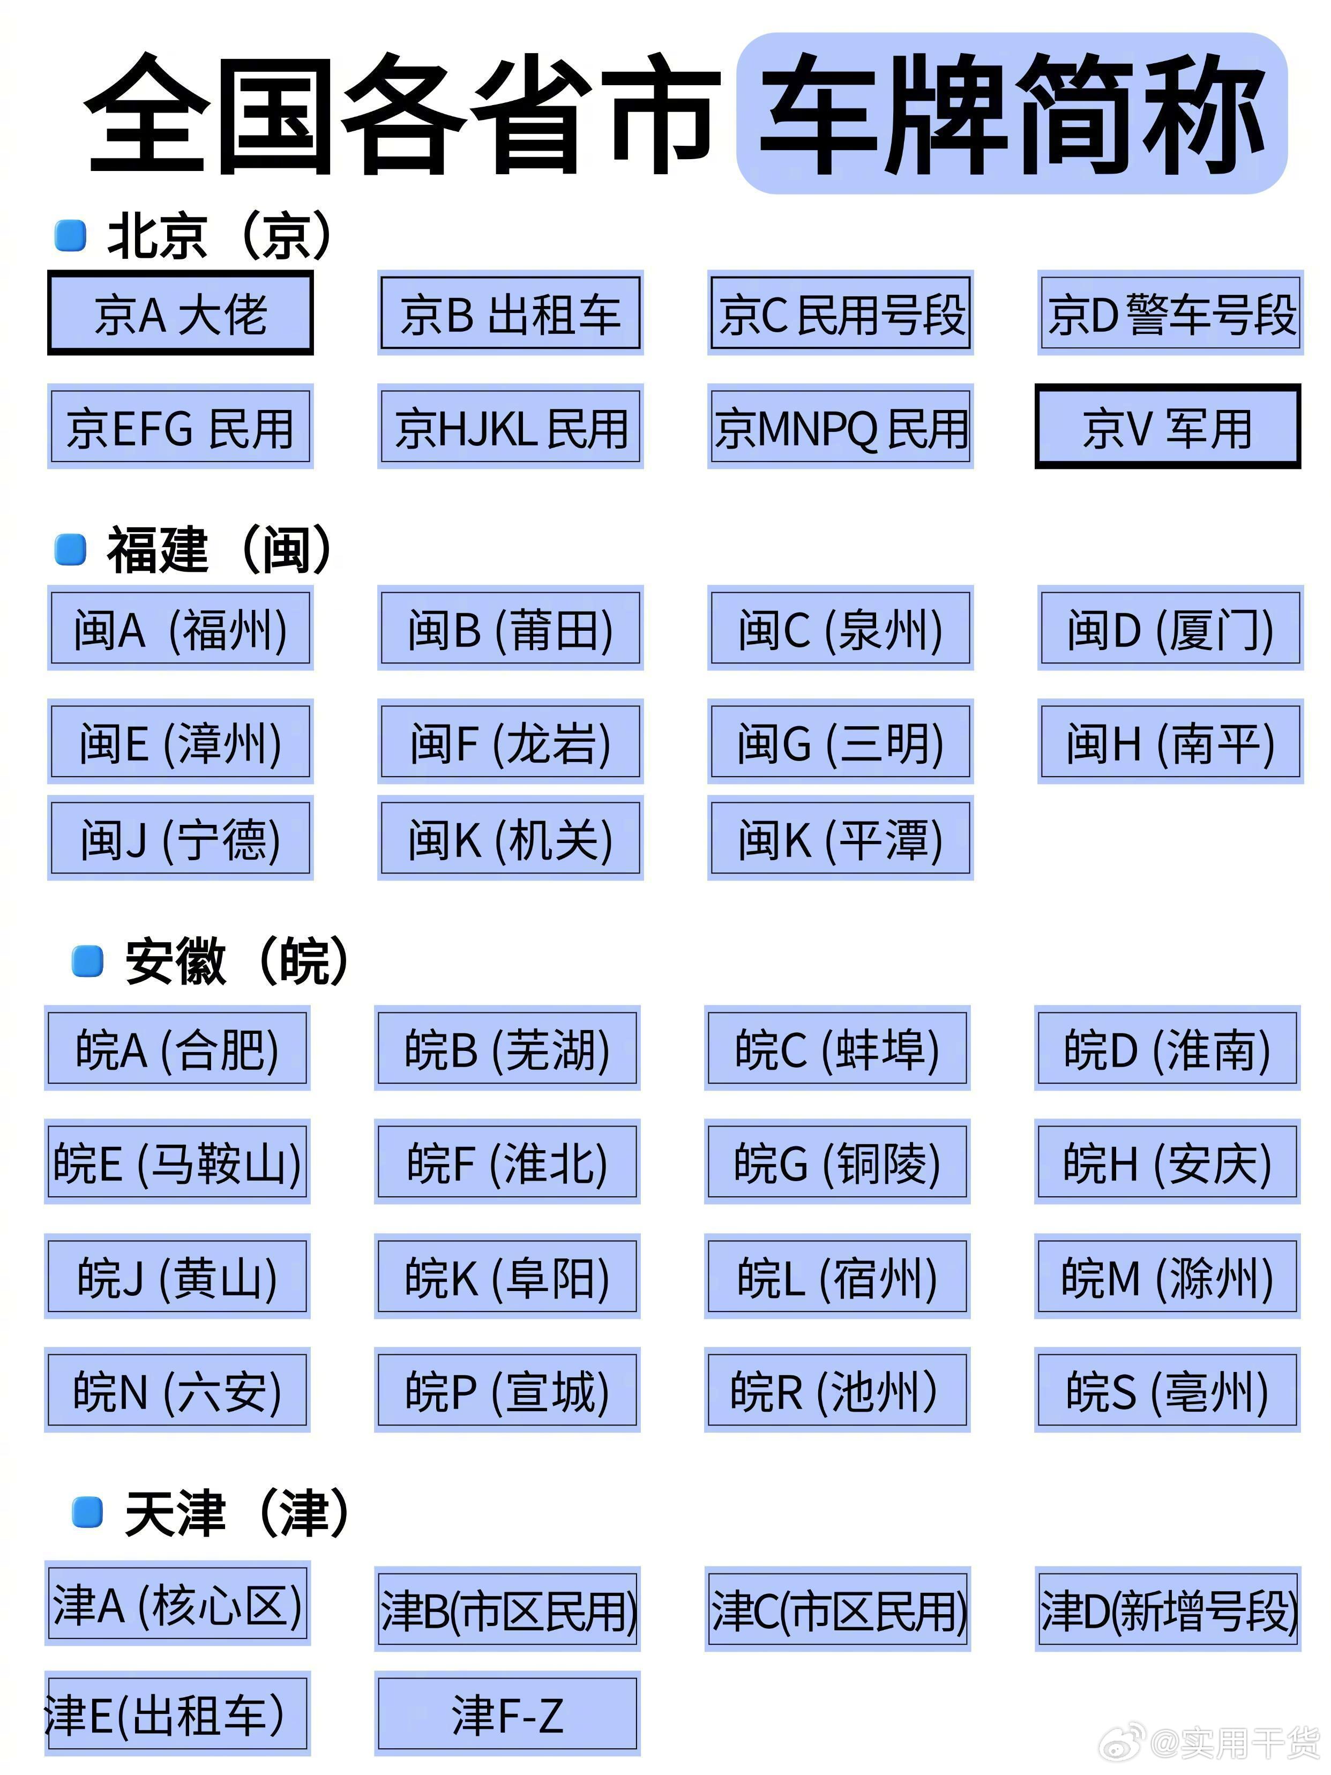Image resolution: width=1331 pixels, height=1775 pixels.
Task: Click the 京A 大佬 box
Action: coord(180,313)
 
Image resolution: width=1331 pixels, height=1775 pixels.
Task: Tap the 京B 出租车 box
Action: coord(510,313)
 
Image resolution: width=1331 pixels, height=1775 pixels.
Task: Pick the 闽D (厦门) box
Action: coord(1170,628)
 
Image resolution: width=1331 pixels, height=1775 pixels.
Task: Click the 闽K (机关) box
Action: coord(510,839)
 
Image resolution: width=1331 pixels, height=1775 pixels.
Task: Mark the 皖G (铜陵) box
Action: coord(837,1162)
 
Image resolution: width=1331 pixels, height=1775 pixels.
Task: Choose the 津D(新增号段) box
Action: coord(1168,1609)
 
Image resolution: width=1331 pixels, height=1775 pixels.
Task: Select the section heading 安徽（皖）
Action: coord(237,960)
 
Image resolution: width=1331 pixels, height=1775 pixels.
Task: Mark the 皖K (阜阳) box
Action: coord(507,1277)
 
